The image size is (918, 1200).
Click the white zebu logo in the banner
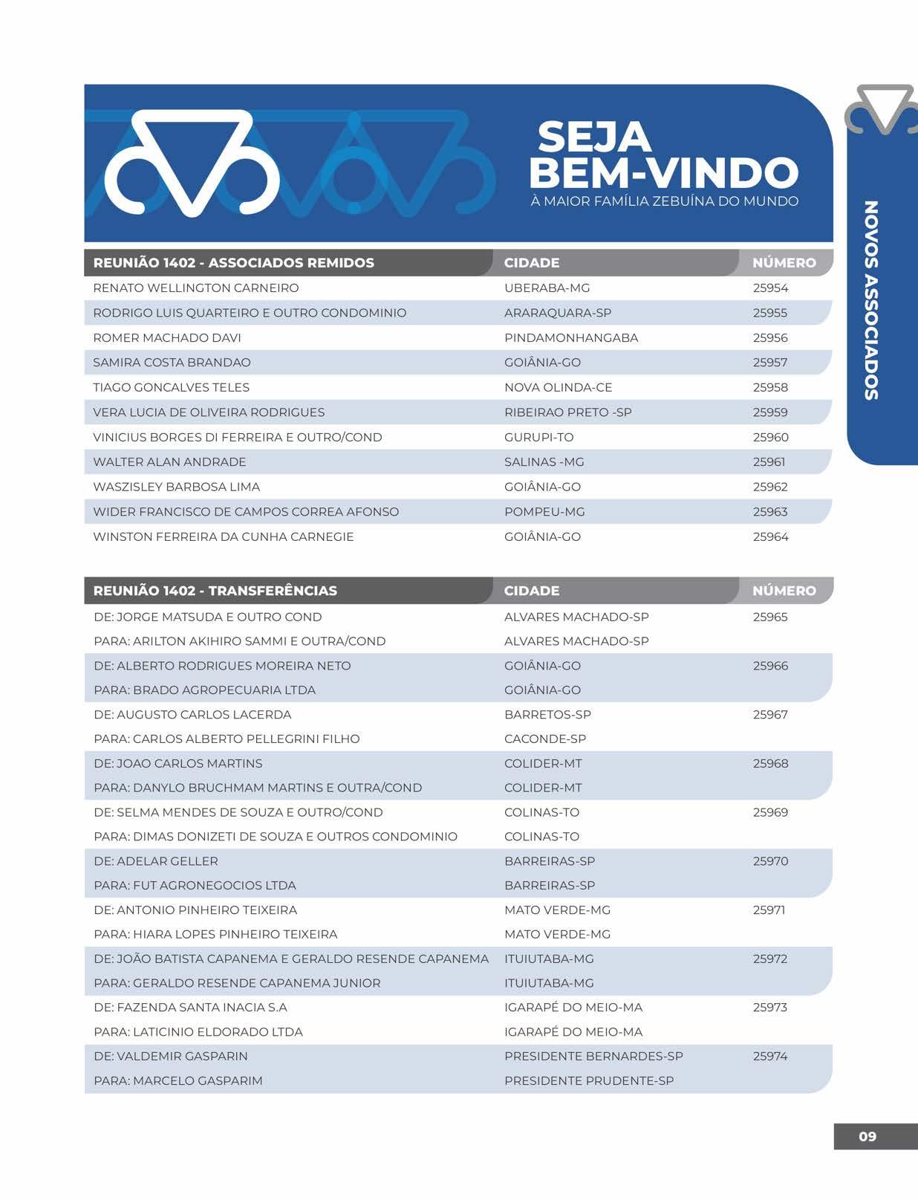click(x=192, y=163)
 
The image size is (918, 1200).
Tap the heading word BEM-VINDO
click(x=663, y=173)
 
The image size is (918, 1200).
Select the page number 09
click(x=867, y=1136)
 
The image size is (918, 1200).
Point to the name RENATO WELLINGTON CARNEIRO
click(x=196, y=288)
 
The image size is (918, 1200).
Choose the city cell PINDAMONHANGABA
click(x=571, y=337)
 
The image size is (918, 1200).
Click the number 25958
click(x=770, y=387)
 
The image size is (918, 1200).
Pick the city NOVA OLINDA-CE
click(x=558, y=387)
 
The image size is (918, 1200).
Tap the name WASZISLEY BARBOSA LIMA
click(x=177, y=487)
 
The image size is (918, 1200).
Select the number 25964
click(x=770, y=536)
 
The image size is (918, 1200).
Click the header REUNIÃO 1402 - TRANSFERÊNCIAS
click(x=215, y=591)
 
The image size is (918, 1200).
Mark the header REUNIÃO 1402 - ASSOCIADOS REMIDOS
click(x=234, y=262)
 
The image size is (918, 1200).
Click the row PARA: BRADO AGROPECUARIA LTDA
click(x=205, y=690)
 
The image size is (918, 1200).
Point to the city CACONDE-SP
click(x=545, y=739)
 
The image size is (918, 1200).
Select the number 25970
click(x=770, y=861)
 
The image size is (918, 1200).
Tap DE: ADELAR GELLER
click(x=156, y=861)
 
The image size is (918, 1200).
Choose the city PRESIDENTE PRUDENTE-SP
click(x=589, y=1080)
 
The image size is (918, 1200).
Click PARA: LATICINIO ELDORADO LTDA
click(x=198, y=1031)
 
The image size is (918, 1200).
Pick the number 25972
click(x=770, y=959)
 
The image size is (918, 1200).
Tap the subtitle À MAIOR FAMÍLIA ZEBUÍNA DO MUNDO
click(x=665, y=201)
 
